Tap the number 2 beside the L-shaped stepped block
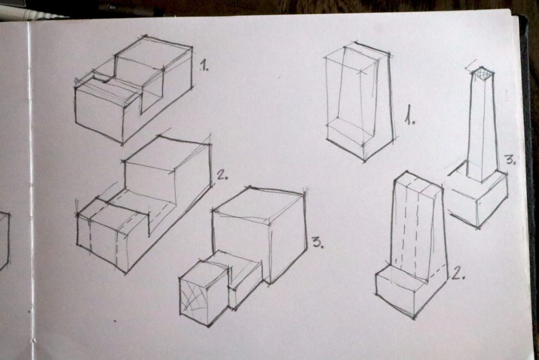223,175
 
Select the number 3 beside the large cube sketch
318,242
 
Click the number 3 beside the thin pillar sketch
510,160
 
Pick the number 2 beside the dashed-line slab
457,273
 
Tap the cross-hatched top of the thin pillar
482,74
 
